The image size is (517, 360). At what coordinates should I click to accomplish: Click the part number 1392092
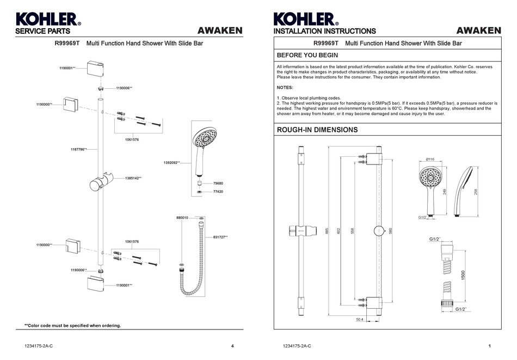coord(171,162)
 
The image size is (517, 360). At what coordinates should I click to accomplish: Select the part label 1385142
coord(133,178)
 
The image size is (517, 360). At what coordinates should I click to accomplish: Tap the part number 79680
coord(218,184)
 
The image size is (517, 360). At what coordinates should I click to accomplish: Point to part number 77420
coord(218,192)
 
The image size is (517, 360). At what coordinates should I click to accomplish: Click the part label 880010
coord(182,217)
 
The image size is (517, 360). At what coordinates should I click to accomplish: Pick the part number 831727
coord(220,237)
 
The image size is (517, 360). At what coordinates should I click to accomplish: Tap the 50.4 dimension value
coord(360,320)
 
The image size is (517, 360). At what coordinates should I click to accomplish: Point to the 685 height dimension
coord(327,230)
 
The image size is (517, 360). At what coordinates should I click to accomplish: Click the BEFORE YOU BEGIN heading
coord(307,56)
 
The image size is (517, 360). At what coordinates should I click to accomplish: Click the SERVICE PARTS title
coord(42,32)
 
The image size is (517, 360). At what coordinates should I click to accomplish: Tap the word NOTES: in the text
coord(285,87)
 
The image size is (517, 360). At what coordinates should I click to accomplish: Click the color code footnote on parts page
coord(72,326)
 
